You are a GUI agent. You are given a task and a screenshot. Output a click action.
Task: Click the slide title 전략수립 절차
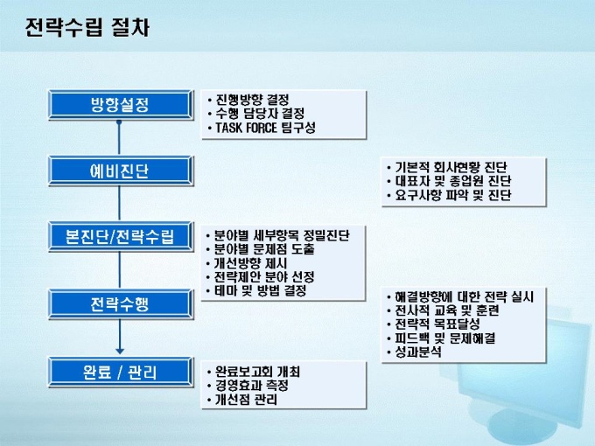click(87, 27)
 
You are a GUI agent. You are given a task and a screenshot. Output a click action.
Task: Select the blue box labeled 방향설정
click(121, 105)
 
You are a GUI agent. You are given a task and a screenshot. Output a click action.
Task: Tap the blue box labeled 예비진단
click(121, 171)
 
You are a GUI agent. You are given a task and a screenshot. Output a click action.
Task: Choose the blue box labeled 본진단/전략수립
click(121, 237)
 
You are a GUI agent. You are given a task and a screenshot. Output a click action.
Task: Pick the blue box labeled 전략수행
click(121, 304)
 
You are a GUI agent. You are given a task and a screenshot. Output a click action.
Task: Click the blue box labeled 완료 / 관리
click(121, 372)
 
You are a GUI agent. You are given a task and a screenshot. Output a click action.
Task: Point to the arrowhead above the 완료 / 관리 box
click(120, 352)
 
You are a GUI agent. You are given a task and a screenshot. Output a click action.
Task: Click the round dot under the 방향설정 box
click(119, 122)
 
